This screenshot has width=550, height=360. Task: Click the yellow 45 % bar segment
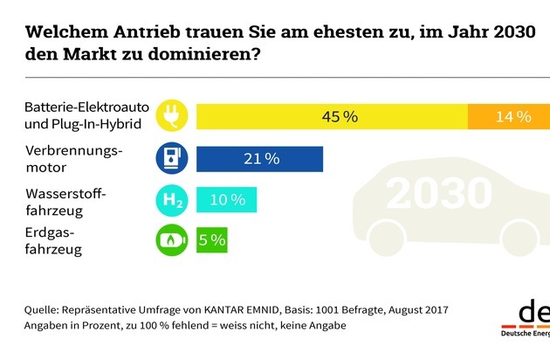(x=332, y=116)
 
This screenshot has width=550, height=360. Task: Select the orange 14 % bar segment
(x=509, y=116)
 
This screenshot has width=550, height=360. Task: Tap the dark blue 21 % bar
(x=261, y=158)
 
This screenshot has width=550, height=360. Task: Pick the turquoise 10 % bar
(x=227, y=200)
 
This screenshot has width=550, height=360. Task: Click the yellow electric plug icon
(x=170, y=116)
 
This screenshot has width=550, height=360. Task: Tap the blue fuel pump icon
(x=170, y=158)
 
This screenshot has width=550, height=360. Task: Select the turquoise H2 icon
(x=170, y=200)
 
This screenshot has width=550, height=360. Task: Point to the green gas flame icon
(x=170, y=239)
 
